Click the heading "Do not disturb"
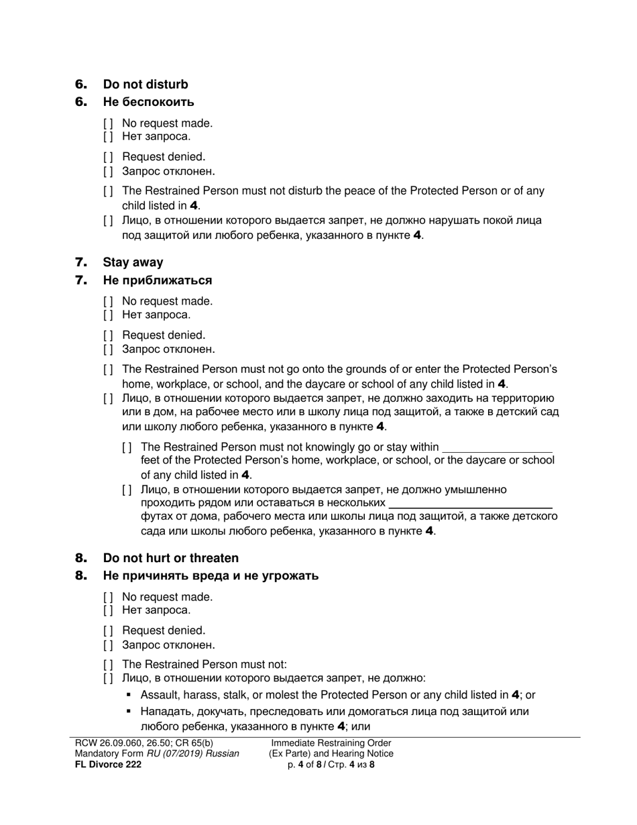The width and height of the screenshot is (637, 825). (x=145, y=85)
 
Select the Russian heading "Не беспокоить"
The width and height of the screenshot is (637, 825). (x=148, y=102)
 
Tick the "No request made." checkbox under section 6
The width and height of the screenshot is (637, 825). (x=108, y=123)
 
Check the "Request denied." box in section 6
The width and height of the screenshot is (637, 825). (x=108, y=157)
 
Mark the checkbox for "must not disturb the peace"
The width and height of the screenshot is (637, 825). (x=108, y=191)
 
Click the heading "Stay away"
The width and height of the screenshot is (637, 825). (x=133, y=262)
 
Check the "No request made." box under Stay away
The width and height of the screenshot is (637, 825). (x=108, y=301)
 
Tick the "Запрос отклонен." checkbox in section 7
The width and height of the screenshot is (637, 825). (x=108, y=349)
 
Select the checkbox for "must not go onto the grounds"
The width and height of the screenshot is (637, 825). (x=108, y=370)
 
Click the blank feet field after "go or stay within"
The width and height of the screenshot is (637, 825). (x=498, y=447)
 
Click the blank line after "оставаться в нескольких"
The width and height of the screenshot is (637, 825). (x=470, y=503)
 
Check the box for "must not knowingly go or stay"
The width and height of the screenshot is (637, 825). (x=127, y=447)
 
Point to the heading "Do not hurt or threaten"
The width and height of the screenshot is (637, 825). (x=170, y=558)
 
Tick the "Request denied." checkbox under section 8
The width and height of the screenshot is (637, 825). (x=108, y=630)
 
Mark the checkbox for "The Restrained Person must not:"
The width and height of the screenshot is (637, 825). (x=108, y=665)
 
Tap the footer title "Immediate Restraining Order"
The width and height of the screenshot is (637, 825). (x=331, y=743)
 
